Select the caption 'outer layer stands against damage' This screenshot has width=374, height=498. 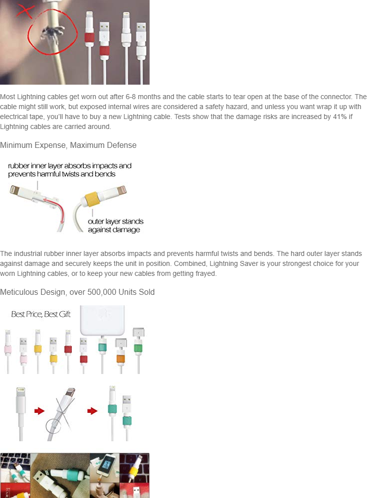pyautogui.click(x=116, y=226)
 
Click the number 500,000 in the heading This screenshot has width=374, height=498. pyautogui.click(x=102, y=292)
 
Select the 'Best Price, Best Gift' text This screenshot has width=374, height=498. pyautogui.click(x=41, y=314)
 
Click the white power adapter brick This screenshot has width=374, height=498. pyautogui.click(x=102, y=320)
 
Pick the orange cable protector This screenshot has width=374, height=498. pyautogui.click(x=121, y=359)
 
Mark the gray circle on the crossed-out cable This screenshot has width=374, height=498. pyautogui.click(x=53, y=425)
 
